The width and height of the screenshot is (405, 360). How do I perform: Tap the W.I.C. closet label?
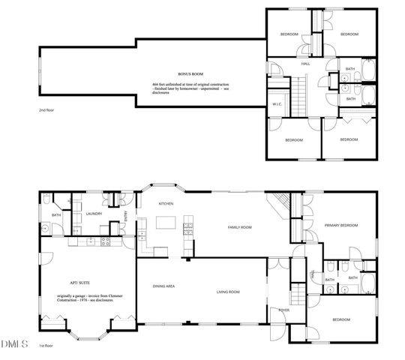(x=277, y=104)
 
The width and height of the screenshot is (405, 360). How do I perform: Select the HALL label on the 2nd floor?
(x=306, y=64)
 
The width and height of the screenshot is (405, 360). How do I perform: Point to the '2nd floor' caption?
(x=47, y=110)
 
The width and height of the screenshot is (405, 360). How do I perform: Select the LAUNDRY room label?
(x=94, y=214)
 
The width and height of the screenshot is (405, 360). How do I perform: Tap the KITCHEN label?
(x=166, y=203)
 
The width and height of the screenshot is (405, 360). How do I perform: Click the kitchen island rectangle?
(x=166, y=223)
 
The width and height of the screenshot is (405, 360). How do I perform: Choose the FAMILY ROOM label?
(x=240, y=226)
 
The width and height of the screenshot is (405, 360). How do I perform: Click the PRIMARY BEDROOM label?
(x=341, y=226)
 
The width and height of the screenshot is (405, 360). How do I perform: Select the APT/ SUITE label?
(x=80, y=283)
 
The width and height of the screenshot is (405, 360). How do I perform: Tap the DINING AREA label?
(x=164, y=286)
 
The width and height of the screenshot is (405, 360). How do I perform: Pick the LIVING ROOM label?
(x=228, y=292)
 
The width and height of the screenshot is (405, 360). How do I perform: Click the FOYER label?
(x=284, y=309)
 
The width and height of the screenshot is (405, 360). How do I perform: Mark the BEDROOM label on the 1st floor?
(x=340, y=320)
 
